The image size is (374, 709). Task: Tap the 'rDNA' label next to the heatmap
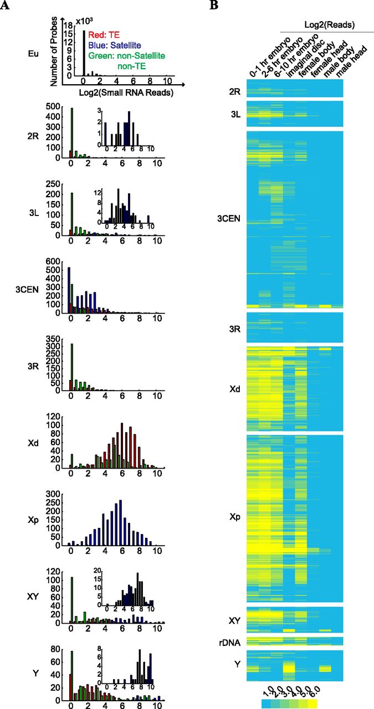pos(229,641)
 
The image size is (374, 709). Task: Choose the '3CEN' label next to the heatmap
pos(228,219)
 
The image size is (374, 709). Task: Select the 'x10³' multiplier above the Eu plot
pos(85,19)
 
